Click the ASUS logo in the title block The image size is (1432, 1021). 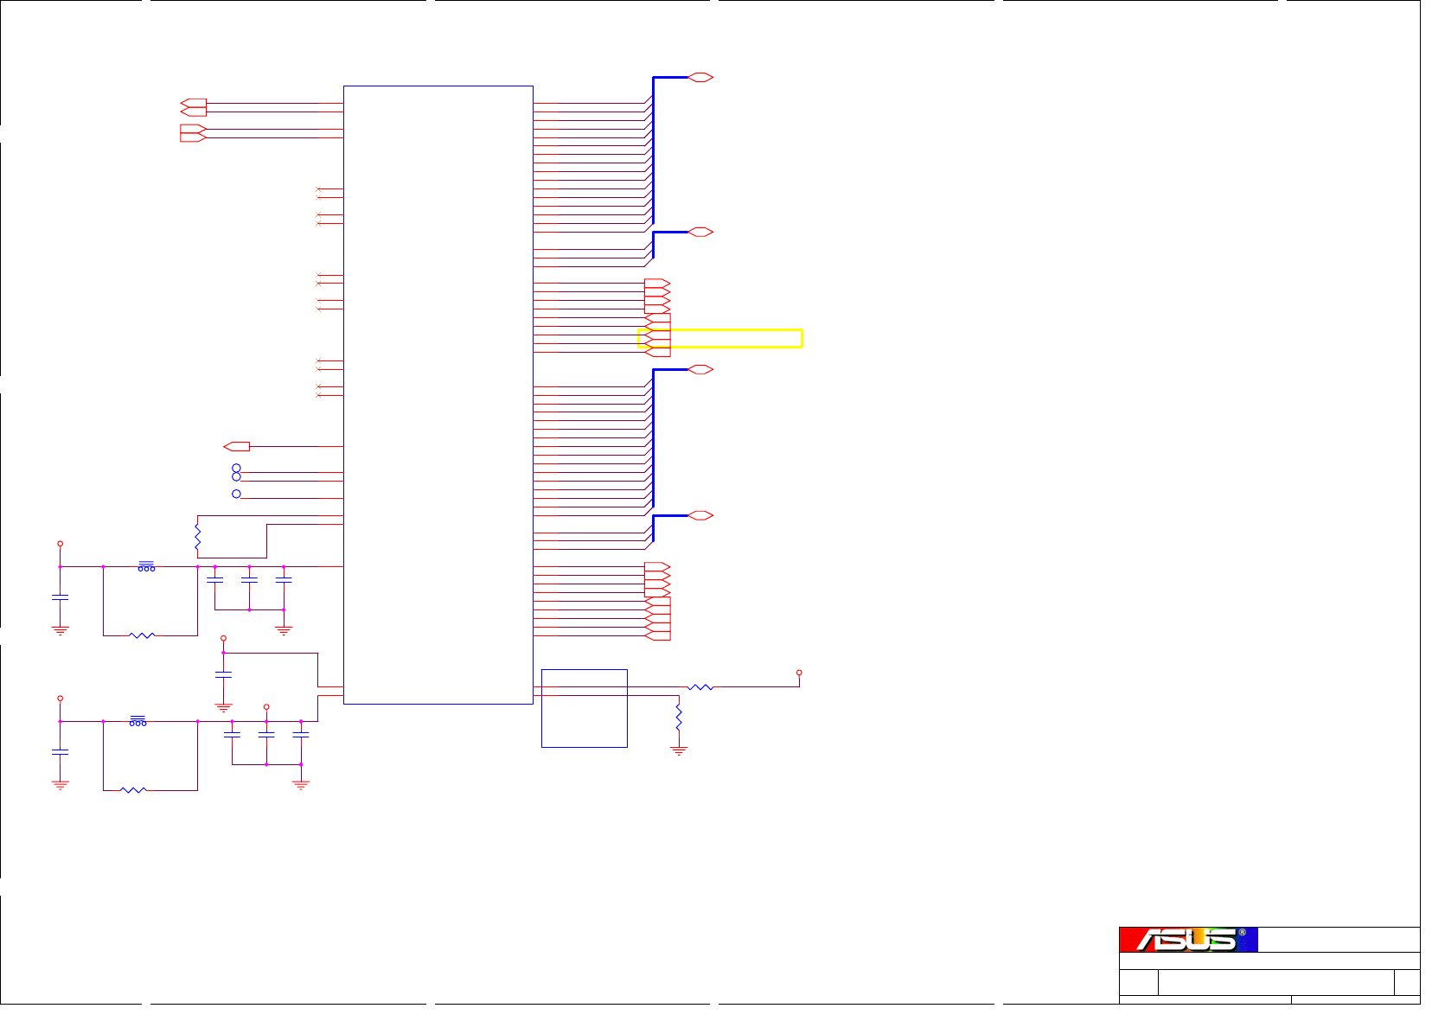1186,940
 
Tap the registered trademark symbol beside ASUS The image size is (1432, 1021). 1242,933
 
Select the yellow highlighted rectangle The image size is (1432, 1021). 720,338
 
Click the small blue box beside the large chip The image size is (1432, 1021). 584,708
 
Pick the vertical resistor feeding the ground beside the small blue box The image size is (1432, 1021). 679,717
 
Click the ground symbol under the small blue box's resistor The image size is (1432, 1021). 679,750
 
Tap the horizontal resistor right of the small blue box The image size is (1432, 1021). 700,687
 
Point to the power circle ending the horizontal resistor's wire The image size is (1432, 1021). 799,673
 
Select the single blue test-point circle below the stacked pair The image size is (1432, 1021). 236,494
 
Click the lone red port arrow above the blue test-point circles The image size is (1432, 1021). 236,447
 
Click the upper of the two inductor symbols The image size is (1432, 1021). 146,566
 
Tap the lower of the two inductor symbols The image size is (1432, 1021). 137,721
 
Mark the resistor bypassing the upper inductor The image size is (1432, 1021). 142,635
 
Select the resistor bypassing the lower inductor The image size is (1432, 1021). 133,790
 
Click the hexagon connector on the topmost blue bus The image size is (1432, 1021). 700,78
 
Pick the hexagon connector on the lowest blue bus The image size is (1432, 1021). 700,516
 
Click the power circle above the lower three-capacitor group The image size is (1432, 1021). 266,707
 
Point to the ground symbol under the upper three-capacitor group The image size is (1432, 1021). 284,630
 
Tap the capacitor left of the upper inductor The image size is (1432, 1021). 60,597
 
